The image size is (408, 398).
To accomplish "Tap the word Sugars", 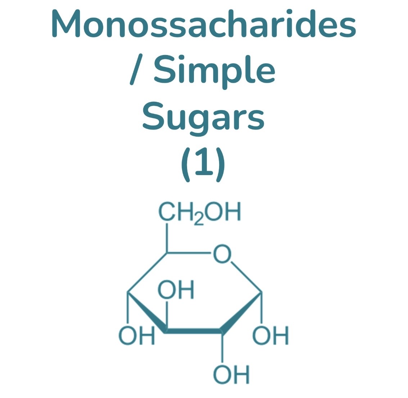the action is click(x=204, y=116).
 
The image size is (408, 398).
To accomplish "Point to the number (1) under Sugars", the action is click(x=203, y=164).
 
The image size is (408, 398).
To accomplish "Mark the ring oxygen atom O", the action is click(x=222, y=254).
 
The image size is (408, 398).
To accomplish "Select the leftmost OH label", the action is click(x=137, y=336).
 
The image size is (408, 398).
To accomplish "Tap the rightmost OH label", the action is click(x=271, y=336).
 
